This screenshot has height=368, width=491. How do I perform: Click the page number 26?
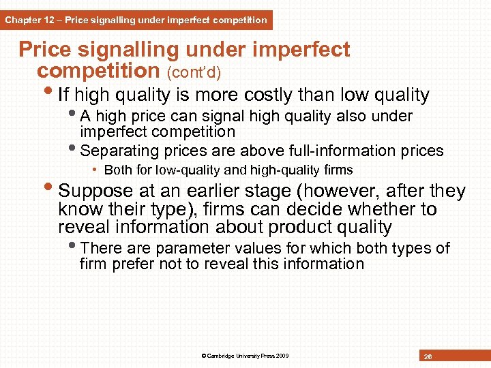coord(428,356)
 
